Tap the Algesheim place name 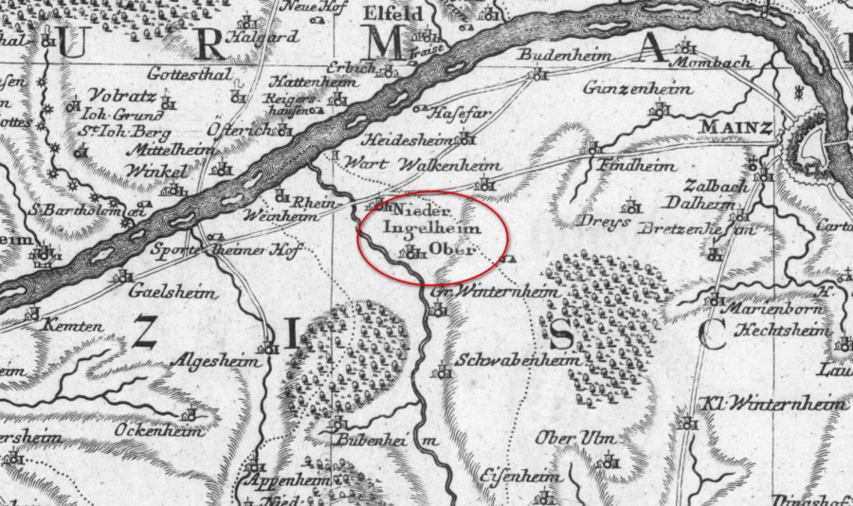tap(212, 362)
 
